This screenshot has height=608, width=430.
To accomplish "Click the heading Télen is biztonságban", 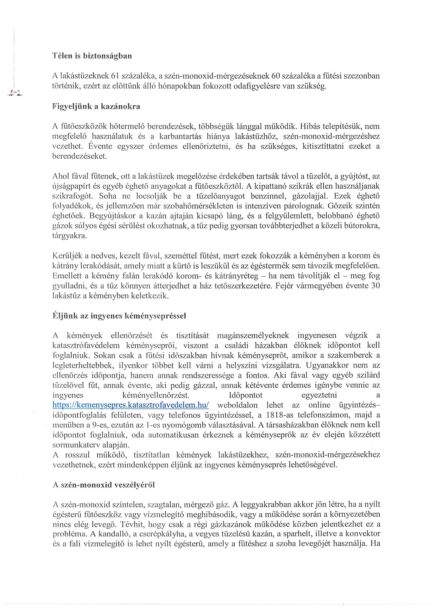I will coord(92,56).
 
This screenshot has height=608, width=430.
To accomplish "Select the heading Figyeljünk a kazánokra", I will coord(96,106).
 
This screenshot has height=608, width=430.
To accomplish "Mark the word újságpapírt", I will coord(70,186).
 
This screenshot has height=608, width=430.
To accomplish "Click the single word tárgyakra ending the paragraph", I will coord(69,236).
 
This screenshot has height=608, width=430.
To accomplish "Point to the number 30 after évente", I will coord(375,286).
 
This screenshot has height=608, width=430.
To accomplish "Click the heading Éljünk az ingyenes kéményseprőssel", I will coord(119,316).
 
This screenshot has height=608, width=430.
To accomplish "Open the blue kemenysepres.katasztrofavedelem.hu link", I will coord(130,405).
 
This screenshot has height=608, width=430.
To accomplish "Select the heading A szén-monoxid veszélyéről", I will coord(104,485).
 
